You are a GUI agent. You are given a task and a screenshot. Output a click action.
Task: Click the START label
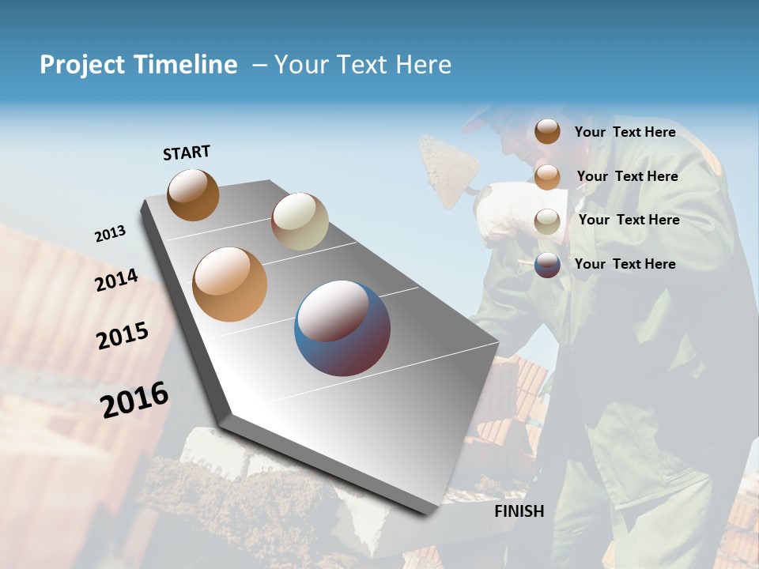[187, 153]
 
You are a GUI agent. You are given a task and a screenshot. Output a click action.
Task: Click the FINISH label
[519, 511]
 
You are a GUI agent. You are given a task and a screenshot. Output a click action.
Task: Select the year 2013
[110, 234]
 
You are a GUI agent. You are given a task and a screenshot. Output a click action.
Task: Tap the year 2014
[116, 280]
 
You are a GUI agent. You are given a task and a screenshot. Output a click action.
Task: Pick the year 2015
[123, 336]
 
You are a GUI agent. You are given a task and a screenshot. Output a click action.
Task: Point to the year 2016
[134, 400]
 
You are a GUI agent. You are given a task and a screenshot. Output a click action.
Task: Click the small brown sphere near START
[193, 194]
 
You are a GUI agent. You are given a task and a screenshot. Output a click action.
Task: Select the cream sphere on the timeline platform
[300, 221]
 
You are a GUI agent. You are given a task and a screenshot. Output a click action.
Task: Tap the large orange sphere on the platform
[230, 284]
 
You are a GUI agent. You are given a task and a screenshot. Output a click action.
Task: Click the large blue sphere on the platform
[342, 328]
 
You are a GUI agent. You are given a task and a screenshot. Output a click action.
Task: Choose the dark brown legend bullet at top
[547, 132]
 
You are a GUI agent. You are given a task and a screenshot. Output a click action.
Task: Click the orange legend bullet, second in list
[547, 176]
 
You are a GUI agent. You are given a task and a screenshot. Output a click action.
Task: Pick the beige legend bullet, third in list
[547, 220]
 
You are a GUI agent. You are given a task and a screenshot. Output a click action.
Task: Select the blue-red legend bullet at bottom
[547, 265]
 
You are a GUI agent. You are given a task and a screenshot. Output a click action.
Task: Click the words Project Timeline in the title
[138, 65]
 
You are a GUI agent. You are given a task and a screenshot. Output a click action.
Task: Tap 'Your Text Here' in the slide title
[363, 65]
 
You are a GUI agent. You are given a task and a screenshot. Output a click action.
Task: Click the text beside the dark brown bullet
[625, 132]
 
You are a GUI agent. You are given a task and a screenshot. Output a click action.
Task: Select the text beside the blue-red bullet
[625, 264]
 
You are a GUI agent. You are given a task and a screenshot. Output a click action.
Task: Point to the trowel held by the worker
[449, 167]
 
